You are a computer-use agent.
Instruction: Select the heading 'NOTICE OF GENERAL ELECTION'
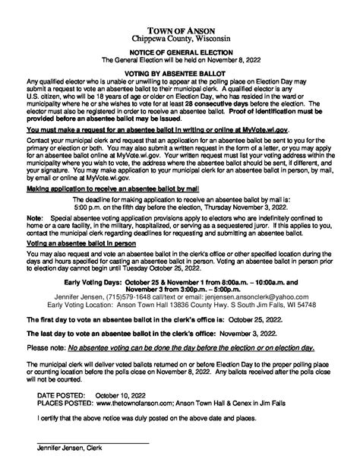pos(180,37)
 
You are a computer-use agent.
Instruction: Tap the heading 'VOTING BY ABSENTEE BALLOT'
pos(180,57)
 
